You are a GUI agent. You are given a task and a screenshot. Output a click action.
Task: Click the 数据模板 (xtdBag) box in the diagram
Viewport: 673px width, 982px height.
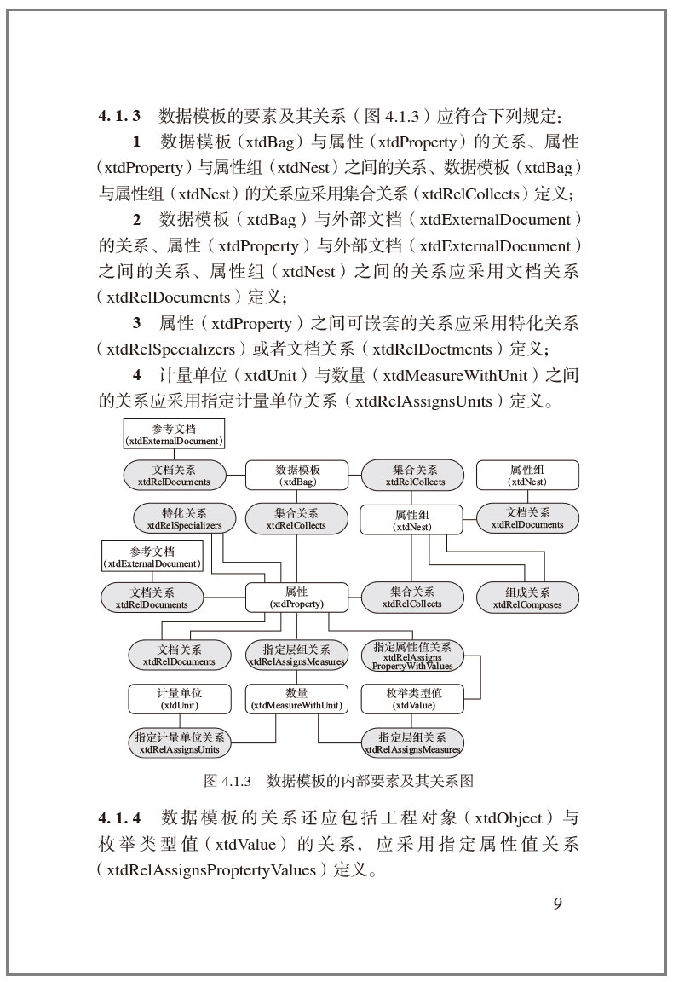297,475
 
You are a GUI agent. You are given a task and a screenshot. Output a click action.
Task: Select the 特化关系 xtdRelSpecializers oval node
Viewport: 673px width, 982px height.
185,519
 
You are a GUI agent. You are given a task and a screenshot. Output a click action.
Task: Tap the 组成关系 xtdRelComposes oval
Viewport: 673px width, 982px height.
527,598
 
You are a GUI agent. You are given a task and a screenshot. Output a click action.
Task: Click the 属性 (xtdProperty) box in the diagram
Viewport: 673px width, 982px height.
297,597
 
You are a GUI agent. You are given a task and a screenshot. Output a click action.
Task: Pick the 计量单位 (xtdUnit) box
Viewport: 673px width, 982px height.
179,699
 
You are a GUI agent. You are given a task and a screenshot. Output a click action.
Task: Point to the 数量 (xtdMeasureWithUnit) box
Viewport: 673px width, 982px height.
296,699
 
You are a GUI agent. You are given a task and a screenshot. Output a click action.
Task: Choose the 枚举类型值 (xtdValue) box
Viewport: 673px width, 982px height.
413,699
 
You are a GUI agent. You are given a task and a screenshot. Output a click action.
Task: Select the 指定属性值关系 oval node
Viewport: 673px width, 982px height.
412,655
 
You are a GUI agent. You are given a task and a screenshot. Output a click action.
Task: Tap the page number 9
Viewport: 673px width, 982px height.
557,904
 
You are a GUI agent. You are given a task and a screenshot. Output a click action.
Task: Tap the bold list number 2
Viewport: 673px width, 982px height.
136,220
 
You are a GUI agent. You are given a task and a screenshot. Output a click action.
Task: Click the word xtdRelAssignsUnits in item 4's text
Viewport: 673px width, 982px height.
424,401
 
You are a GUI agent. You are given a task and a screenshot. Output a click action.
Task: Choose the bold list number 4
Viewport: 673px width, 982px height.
136,375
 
